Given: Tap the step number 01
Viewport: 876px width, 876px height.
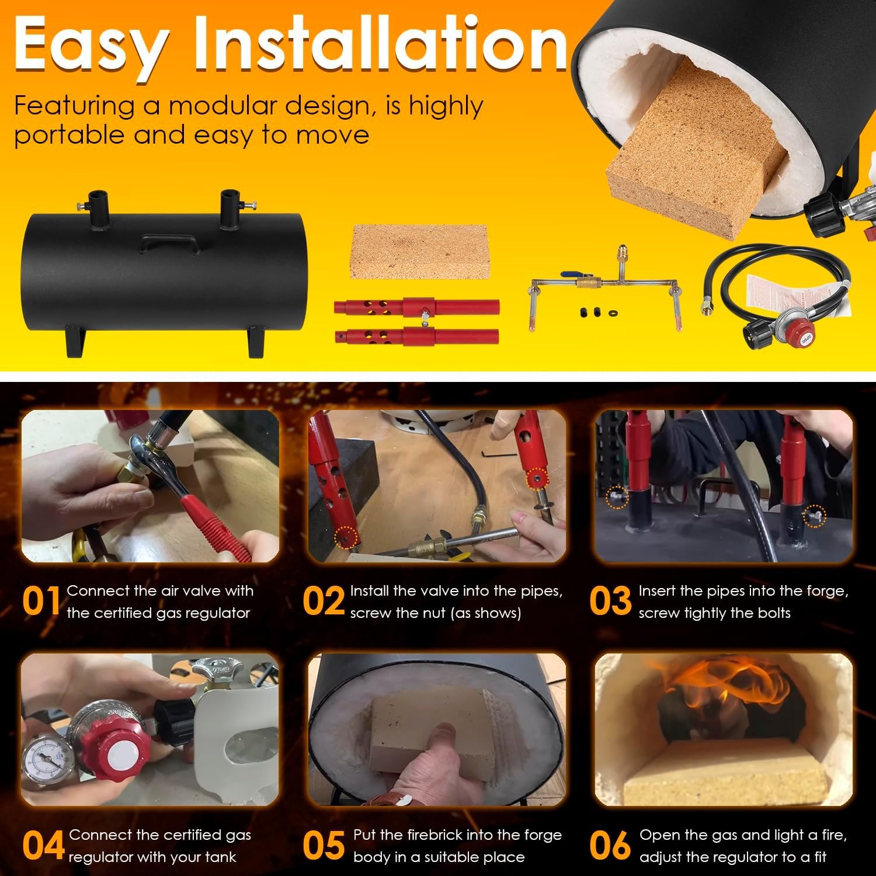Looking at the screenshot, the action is pos(41,602).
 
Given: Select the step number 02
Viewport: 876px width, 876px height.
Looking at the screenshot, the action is pos(324,602).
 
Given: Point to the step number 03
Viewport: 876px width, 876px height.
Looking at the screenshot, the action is pos(610,602).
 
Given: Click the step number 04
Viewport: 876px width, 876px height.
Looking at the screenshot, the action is pos(43,846).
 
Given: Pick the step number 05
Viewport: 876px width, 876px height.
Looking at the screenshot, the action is pos(324,846).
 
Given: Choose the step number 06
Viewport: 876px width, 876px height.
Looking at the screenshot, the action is pos(610,846).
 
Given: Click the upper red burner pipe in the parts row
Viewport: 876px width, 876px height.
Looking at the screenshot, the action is pos(416,307).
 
